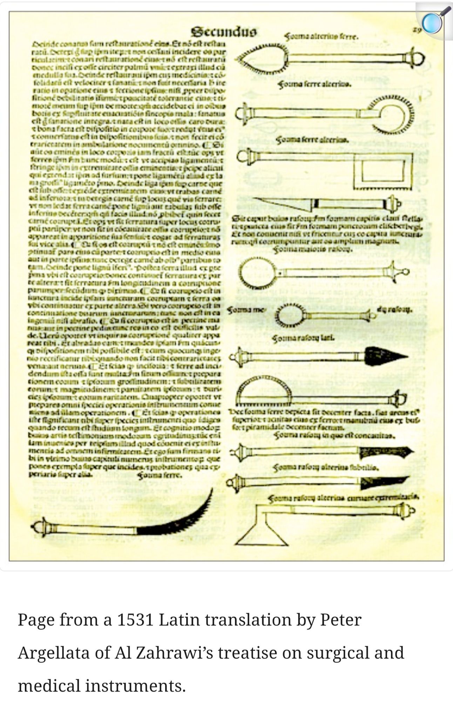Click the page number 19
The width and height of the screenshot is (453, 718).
(417, 30)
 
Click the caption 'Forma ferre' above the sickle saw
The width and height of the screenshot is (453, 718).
(160, 476)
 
